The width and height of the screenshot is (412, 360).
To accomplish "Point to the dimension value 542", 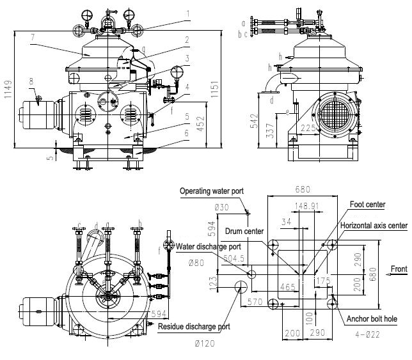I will pyautogui.click(x=255, y=121).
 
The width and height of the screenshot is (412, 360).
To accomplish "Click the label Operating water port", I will pyautogui.click(x=212, y=191).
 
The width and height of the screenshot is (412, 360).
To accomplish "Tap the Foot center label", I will pyautogui.click(x=367, y=205).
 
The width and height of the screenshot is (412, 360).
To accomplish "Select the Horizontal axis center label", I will pyautogui.click(x=374, y=226).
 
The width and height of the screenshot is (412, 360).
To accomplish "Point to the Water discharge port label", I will pyautogui.click(x=208, y=246).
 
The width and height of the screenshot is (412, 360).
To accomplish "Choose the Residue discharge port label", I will pyautogui.click(x=194, y=327).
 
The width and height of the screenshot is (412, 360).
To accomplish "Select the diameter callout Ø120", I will pyautogui.click(x=204, y=344).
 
